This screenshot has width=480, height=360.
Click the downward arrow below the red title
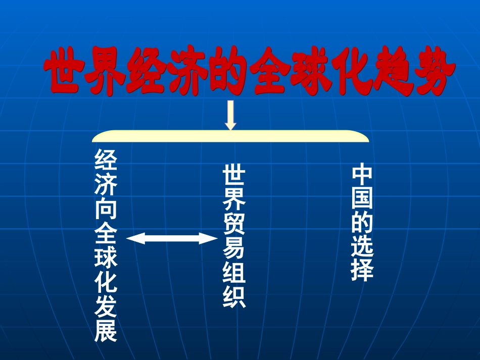pyautogui.click(x=230, y=115)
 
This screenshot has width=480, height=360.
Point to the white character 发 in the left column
pyautogui.click(x=106, y=306)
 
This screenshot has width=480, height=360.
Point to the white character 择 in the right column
pyautogui.click(x=362, y=271)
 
